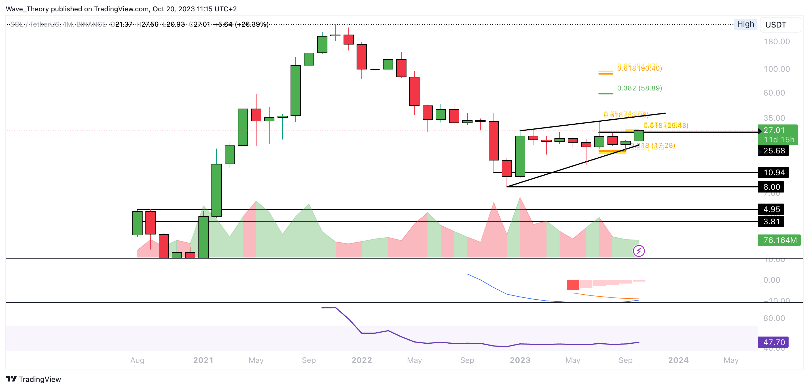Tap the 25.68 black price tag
click(774, 151)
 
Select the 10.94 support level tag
click(774, 172)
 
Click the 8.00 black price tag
click(771, 187)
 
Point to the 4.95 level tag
click(771, 209)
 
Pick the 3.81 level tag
click(771, 221)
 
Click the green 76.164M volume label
click(780, 240)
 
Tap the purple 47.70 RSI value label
click(774, 342)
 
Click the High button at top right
click(745, 24)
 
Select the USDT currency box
click(780, 25)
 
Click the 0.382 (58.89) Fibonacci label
click(639, 88)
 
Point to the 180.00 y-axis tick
click(777, 41)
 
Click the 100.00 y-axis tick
click(777, 69)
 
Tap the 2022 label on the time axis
click(361, 360)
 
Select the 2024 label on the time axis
click(678, 360)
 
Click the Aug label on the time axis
click(137, 360)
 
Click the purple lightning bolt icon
click(639, 251)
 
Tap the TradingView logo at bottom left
click(33, 379)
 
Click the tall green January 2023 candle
click(520, 156)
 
